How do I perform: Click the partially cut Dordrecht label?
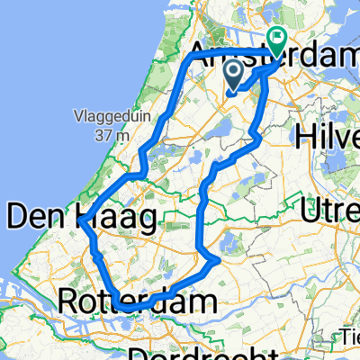tap(206, 352)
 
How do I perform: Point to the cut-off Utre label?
tap(332, 213)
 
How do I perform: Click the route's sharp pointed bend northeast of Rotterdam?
tap(219, 262)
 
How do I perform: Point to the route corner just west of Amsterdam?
tap(193, 57)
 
